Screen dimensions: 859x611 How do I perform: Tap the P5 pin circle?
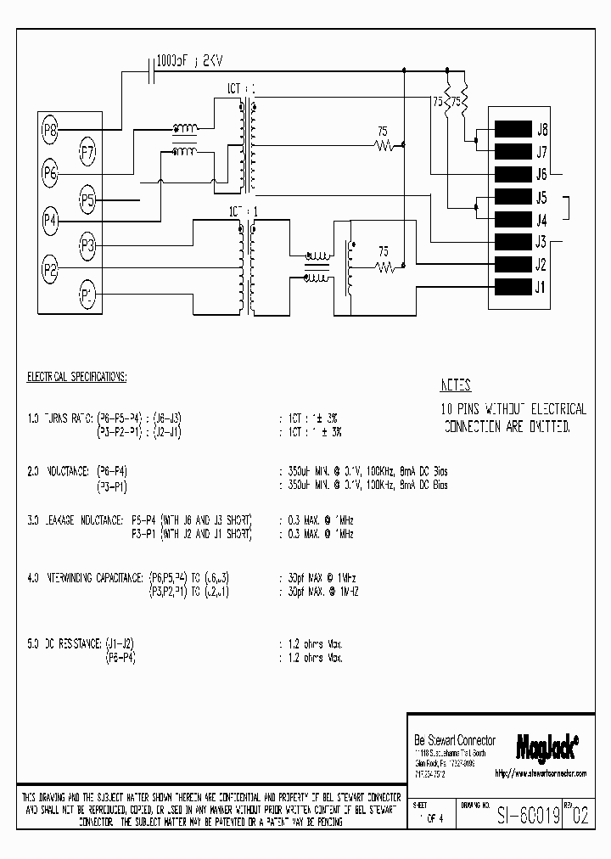click(x=87, y=201)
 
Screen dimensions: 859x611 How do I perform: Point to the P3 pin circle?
click(x=87, y=246)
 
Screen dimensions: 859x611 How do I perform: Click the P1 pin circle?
click(x=87, y=295)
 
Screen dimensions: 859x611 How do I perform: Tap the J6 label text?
click(x=541, y=175)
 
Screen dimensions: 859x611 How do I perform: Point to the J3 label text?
click(x=541, y=242)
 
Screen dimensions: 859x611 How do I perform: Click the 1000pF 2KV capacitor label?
click(x=189, y=61)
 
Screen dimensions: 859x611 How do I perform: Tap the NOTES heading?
click(x=457, y=385)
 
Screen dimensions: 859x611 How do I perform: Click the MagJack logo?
click(x=547, y=744)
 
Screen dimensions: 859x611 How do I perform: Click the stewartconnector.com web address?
click(x=539, y=774)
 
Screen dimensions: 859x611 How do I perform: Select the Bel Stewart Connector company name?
click(x=454, y=740)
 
